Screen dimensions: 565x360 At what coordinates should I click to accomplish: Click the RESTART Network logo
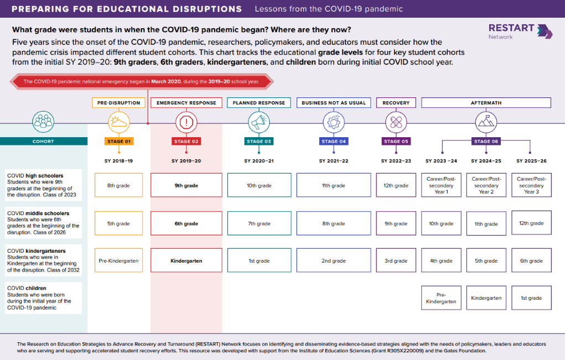point(520,32)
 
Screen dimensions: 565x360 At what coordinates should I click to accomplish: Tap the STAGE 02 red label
point(186,142)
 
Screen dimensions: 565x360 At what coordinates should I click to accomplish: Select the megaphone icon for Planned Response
point(259,122)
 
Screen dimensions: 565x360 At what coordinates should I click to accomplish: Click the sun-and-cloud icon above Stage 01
point(119,122)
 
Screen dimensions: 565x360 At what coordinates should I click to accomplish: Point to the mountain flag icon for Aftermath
point(486,122)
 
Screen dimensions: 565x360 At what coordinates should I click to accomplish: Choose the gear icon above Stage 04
point(334,122)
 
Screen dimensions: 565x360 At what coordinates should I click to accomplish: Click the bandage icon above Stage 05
point(396,122)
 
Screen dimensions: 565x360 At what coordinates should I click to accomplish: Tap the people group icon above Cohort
point(43,122)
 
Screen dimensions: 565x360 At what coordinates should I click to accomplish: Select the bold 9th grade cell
point(186,185)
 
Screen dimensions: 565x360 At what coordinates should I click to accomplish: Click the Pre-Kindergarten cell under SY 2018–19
point(118,260)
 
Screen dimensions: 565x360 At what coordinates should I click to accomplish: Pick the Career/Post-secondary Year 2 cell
point(486,185)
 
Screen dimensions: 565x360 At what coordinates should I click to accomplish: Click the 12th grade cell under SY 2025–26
point(531,223)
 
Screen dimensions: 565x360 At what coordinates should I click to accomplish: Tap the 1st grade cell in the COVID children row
point(531,298)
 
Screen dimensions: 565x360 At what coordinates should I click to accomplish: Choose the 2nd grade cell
point(334,260)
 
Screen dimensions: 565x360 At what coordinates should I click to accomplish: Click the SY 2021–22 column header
point(334,161)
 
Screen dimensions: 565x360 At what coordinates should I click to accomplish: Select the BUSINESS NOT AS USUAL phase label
point(334,103)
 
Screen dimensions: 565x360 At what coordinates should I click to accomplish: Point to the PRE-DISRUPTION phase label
point(118,103)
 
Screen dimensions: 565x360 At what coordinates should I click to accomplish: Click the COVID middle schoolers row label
point(43,222)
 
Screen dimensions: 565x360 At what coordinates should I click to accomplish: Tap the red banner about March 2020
point(142,81)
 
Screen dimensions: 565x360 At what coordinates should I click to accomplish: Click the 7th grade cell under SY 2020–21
point(259,223)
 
